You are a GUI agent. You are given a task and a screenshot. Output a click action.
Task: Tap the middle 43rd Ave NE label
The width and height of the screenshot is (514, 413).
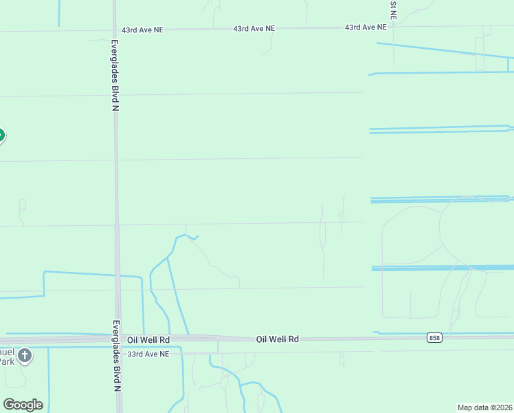tap(254, 29)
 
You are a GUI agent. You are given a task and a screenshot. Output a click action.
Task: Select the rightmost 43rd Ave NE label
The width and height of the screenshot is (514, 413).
tap(366, 28)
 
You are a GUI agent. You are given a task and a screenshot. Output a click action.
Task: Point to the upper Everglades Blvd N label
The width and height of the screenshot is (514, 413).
tap(115, 72)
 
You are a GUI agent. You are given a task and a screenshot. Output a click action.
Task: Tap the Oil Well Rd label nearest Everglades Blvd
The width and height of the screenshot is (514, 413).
tap(148, 340)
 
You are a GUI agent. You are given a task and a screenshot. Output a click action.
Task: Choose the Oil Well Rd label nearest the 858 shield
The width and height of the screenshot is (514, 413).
tap(278, 339)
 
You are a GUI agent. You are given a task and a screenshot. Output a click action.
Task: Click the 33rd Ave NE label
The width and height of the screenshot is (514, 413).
tap(148, 354)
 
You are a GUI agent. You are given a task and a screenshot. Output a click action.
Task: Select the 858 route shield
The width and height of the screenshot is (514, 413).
tap(434, 337)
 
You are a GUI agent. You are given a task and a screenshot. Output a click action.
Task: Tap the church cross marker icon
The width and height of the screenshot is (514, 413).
tap(25, 356)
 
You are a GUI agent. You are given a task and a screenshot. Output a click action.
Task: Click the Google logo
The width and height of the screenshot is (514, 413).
tap(23, 405)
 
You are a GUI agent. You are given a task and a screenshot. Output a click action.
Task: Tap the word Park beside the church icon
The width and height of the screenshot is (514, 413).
tap(6, 361)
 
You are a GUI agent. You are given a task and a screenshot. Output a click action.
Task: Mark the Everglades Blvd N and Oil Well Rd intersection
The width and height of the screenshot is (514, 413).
tap(118, 339)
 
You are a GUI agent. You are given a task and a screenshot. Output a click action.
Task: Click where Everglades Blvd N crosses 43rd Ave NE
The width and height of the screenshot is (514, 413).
tap(115, 30)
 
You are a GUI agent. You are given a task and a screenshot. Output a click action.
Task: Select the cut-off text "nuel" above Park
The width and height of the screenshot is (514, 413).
tap(6, 350)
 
